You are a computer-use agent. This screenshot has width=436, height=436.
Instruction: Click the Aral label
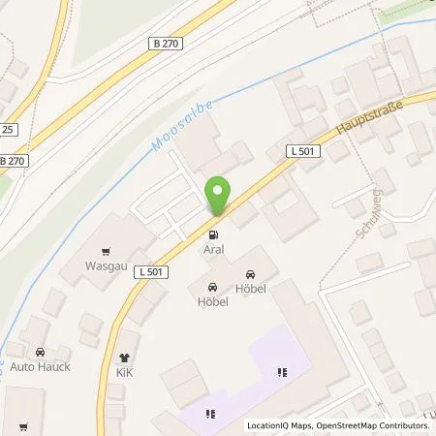coord(213,249)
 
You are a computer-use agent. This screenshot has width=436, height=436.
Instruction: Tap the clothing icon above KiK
coord(124,357)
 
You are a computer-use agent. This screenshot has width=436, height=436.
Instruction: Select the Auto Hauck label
coord(42,367)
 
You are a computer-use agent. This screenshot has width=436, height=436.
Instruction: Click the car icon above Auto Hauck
coord(40,353)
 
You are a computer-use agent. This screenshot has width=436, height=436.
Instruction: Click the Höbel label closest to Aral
coord(212,300)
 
